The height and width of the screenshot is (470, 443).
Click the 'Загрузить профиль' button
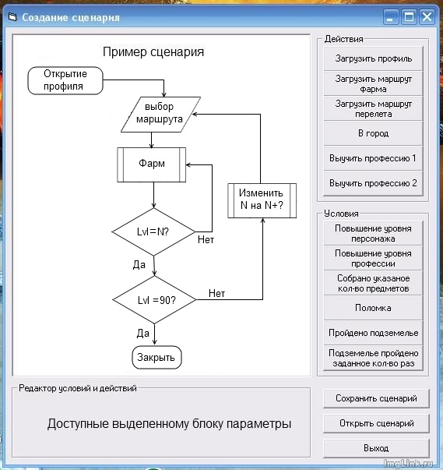pyautogui.click(x=374, y=58)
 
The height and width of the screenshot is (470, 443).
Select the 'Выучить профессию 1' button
pyautogui.click(x=374, y=158)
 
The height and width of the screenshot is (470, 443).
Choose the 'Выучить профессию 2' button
pyautogui.click(x=374, y=183)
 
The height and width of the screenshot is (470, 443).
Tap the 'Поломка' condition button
pyautogui.click(x=374, y=308)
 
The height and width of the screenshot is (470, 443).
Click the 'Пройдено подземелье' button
pyautogui.click(x=374, y=333)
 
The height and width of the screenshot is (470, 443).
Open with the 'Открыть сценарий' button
pyautogui.click(x=376, y=423)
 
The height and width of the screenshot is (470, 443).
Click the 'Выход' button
pyautogui.click(x=376, y=448)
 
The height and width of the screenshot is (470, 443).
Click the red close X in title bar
pyautogui.click(x=427, y=16)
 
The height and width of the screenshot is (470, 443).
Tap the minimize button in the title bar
pyautogui.click(x=392, y=16)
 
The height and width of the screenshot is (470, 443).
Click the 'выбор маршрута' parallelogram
pyautogui.click(x=160, y=114)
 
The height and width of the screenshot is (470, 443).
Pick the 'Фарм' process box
pyautogui.click(x=152, y=164)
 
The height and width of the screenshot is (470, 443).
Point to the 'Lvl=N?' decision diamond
pyautogui.click(x=153, y=231)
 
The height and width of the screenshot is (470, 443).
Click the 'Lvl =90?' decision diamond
pyautogui.click(x=156, y=300)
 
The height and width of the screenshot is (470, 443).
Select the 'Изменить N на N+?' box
pyautogui.click(x=262, y=200)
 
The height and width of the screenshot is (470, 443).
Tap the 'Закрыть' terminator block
pyautogui.click(x=156, y=358)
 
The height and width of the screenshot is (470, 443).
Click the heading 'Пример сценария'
pyautogui.click(x=153, y=52)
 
